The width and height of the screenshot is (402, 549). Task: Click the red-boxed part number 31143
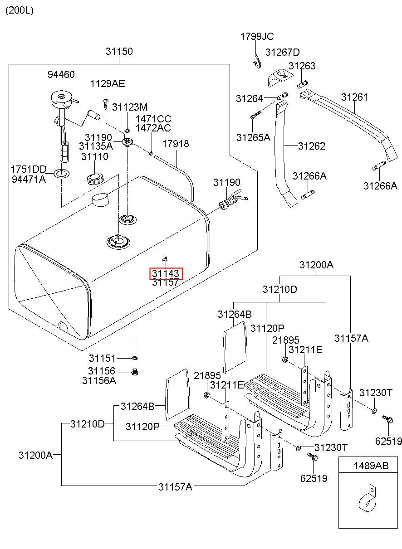pyautogui.click(x=166, y=273)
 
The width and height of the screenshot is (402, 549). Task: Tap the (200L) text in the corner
pyautogui.click(x=20, y=10)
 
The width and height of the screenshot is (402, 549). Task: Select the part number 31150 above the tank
pyautogui.click(x=119, y=51)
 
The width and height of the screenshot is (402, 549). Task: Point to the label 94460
pyautogui.click(x=61, y=74)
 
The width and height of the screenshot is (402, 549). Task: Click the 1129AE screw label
pyautogui.click(x=108, y=84)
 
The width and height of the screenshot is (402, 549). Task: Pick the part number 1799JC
pyautogui.click(x=257, y=37)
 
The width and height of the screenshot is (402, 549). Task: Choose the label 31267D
pyautogui.click(x=283, y=52)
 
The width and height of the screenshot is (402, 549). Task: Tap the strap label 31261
pyautogui.click(x=354, y=97)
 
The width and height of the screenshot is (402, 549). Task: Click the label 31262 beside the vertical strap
pyautogui.click(x=312, y=146)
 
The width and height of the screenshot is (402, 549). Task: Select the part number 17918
pyautogui.click(x=176, y=144)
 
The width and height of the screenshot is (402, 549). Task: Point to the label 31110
pyautogui.click(x=95, y=156)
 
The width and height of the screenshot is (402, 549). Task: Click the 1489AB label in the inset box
pyautogui.click(x=371, y=466)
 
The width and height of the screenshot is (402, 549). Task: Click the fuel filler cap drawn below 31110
pyautogui.click(x=95, y=179)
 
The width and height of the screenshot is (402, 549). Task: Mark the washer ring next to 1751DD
pyautogui.click(x=61, y=174)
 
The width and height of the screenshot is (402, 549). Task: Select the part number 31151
pyautogui.click(x=102, y=358)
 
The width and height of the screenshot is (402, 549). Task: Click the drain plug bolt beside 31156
pyautogui.click(x=135, y=372)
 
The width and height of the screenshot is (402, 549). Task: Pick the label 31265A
pyautogui.click(x=253, y=137)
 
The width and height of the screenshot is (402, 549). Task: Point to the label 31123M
pyautogui.click(x=130, y=107)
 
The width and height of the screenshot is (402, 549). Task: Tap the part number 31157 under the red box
pyautogui.click(x=165, y=282)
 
